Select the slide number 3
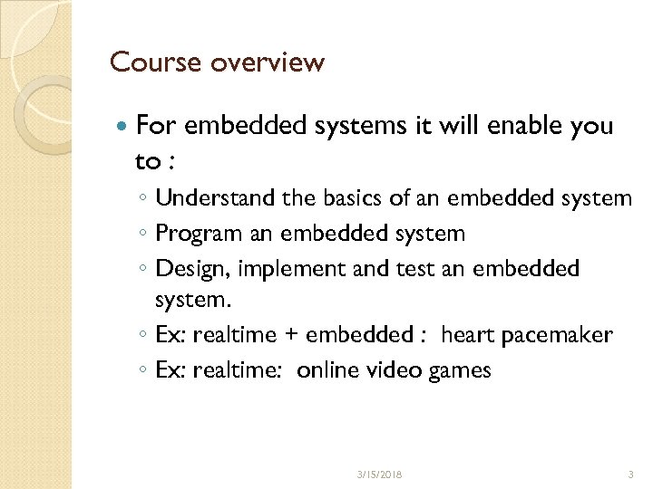pos(631,474)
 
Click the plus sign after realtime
pos(291,336)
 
